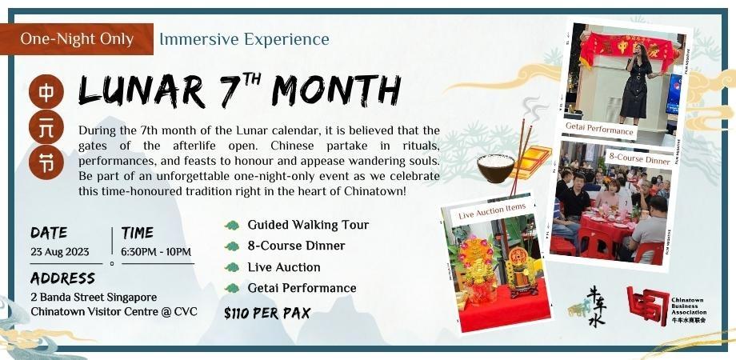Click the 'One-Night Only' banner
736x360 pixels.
pos(77,38)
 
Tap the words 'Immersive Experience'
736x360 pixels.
pos(244,38)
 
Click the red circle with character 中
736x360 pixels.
pos(46,91)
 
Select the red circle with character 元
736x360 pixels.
pos(46,127)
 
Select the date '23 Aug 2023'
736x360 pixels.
pos(60,251)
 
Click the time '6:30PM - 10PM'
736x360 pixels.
pos(157,251)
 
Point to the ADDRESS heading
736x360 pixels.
pos(62,278)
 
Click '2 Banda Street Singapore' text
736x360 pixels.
pos(94,296)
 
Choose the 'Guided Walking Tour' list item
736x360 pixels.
pos(308,225)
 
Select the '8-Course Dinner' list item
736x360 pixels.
pos(296,246)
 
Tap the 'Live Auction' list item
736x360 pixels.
pos(283,267)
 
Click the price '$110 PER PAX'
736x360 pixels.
pos(267,314)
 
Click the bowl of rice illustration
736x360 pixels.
pos(496,166)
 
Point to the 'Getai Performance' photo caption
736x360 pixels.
pos(599,130)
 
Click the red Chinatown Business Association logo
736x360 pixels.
pos(647,306)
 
